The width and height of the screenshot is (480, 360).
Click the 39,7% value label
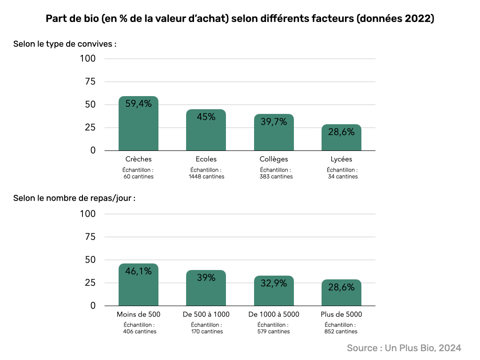[x=274, y=122]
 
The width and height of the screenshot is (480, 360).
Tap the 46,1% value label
[x=138, y=271]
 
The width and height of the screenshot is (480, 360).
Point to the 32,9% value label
[x=274, y=283]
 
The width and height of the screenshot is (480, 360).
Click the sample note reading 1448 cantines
[x=206, y=177]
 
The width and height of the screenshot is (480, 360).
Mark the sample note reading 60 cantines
[x=139, y=177]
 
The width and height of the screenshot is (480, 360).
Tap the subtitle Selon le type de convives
[x=65, y=44]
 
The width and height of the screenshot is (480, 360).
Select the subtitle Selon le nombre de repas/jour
[x=74, y=198]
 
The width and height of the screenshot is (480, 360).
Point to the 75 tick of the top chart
[x=90, y=82]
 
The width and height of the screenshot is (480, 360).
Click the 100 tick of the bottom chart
[x=88, y=214]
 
